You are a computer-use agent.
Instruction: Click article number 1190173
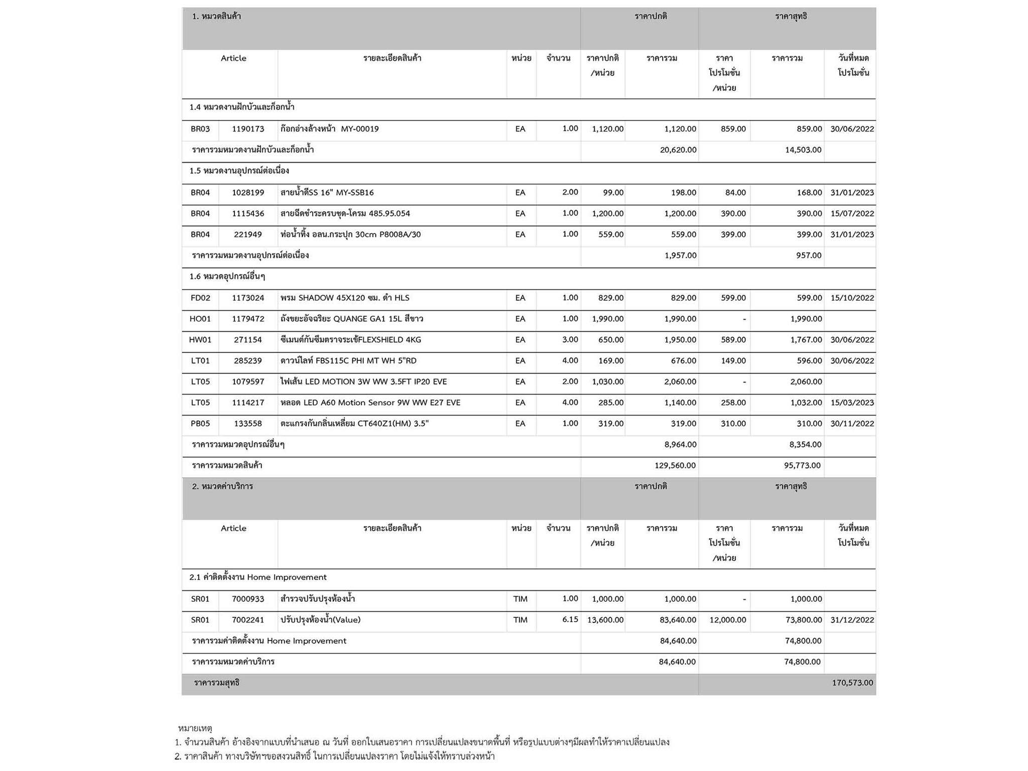coord(247,129)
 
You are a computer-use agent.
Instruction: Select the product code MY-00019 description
coord(329,129)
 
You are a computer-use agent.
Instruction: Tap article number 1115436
coord(247,214)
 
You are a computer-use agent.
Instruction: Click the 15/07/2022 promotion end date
coord(852,214)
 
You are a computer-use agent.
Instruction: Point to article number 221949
coord(247,235)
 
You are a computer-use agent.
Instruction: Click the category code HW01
coord(200,340)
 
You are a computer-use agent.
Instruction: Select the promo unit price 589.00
coord(733,340)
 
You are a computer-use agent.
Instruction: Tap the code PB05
coord(200,424)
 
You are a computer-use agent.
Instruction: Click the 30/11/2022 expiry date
coord(852,424)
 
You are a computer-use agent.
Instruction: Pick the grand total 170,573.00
coord(852,683)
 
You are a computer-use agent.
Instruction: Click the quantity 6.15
coord(570,620)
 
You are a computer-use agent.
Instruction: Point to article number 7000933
coord(247,599)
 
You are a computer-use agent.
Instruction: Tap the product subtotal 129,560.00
coord(675,466)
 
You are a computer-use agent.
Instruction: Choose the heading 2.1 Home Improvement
coord(258,578)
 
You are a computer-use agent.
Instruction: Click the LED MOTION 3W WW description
coord(363,382)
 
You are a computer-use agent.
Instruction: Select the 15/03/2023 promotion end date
coord(852,403)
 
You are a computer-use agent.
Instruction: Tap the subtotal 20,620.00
coord(678,150)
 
